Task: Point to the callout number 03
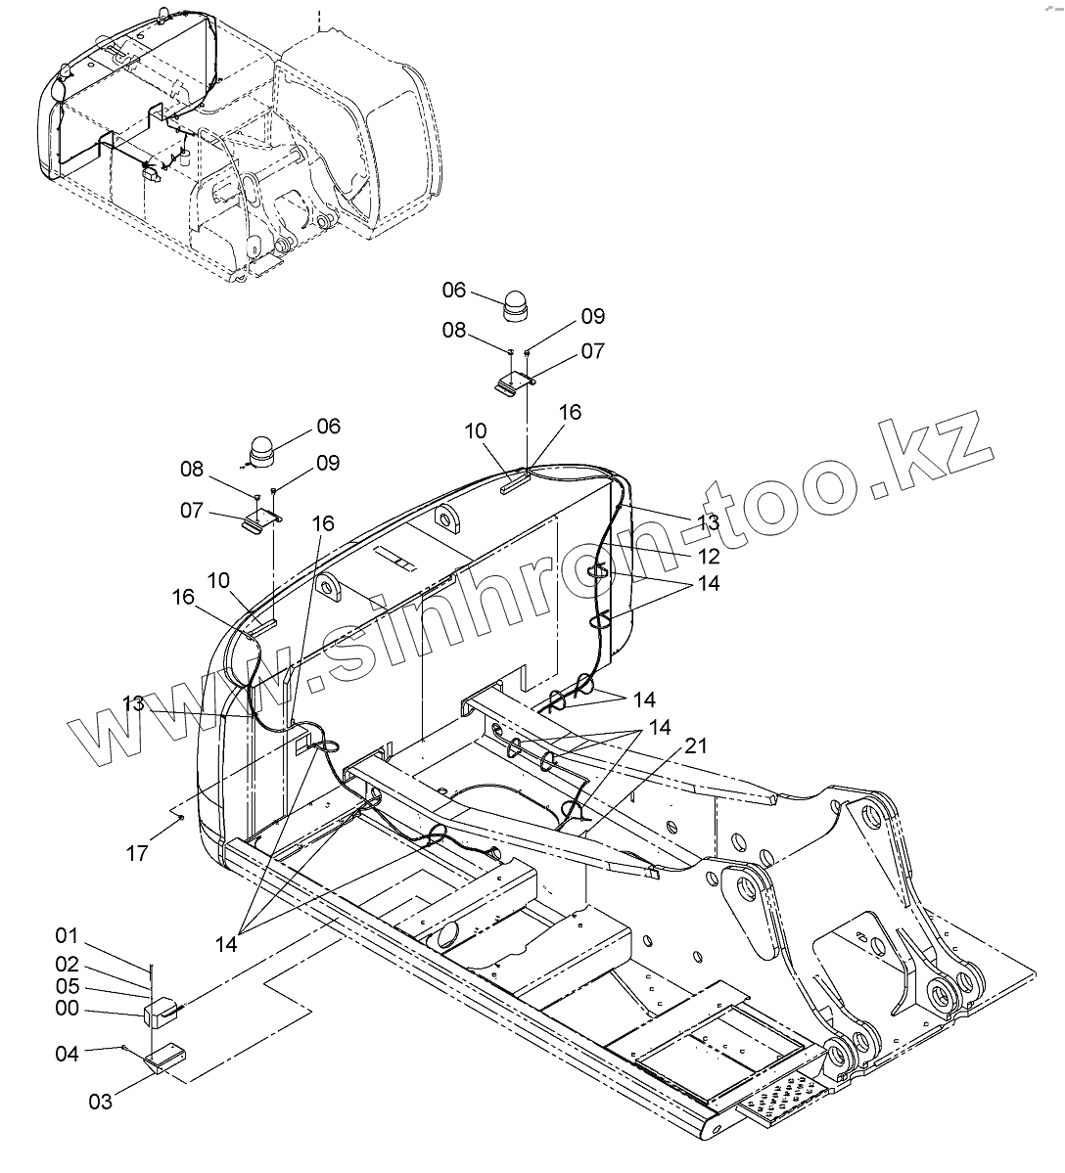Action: click(x=100, y=1102)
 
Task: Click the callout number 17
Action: click(x=137, y=853)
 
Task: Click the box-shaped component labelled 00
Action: click(x=159, y=1012)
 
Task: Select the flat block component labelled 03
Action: click(x=166, y=1059)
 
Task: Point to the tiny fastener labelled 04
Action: click(x=126, y=1047)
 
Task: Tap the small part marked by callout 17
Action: click(x=181, y=818)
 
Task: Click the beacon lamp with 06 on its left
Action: click(x=515, y=305)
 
